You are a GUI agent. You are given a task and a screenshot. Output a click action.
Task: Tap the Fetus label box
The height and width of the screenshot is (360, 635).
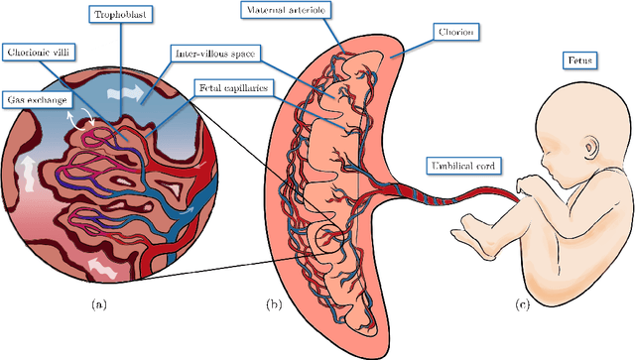[x=580, y=62]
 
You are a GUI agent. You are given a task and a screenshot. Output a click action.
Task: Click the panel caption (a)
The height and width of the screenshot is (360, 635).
[x=98, y=305]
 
